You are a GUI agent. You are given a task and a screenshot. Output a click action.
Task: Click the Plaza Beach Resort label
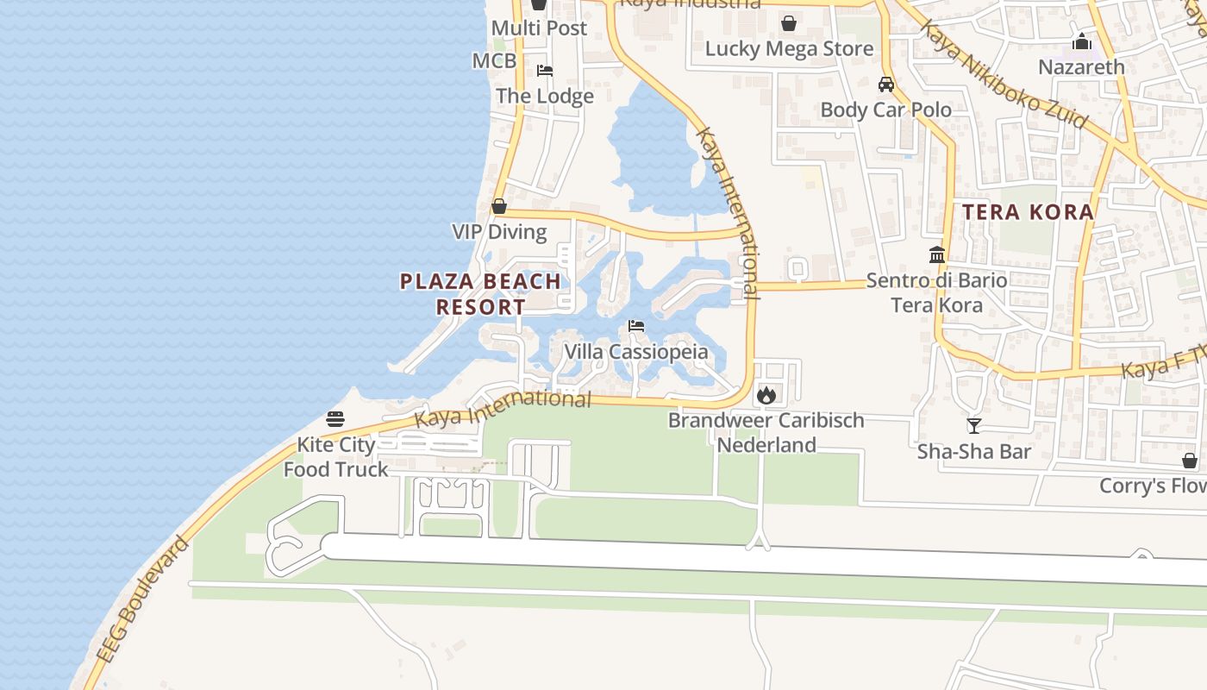480,293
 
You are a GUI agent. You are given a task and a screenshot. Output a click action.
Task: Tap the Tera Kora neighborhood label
1028,211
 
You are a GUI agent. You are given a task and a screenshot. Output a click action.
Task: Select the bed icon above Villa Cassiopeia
636,326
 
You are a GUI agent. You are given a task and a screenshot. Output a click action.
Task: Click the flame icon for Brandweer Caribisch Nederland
766,395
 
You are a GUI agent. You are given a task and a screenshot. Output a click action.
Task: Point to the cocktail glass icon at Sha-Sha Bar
974,425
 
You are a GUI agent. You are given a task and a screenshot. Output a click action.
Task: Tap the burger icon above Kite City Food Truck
335,419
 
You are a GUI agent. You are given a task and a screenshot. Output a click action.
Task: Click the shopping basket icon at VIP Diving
499,207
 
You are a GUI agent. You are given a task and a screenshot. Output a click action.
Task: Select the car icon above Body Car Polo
886,85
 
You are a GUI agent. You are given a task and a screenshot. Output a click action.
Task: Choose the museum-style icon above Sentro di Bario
937,254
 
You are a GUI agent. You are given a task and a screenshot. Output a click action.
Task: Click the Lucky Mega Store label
789,49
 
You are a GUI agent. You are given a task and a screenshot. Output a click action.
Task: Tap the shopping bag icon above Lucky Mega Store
788,23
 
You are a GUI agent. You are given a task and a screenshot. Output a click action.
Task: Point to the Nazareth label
1081,66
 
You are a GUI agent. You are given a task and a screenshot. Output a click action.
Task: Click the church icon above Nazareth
1082,41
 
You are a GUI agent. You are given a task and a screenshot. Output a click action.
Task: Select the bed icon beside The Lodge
545,71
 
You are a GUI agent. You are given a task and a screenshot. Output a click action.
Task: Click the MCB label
494,60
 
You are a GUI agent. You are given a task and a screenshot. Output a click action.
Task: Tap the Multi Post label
539,28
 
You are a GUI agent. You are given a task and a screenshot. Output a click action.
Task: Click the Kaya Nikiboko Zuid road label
1002,75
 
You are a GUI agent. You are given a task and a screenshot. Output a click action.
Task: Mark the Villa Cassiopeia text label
636,352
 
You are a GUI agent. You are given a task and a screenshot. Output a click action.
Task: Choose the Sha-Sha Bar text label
973,451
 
